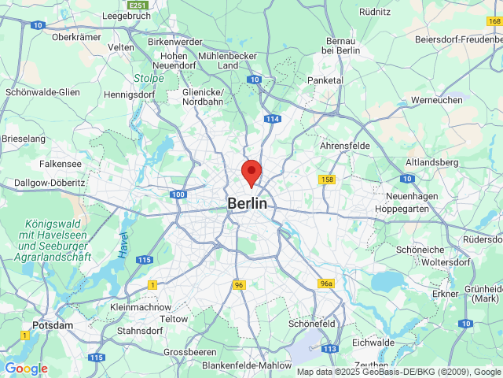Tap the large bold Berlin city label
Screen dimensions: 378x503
247,203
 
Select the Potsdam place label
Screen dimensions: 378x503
53,325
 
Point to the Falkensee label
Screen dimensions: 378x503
61,164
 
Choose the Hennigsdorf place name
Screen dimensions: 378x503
130,94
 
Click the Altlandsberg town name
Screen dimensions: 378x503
431,161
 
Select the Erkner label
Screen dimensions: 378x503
445,294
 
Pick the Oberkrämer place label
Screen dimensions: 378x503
79,36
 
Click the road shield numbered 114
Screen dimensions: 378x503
273,119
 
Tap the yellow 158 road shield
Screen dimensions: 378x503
327,180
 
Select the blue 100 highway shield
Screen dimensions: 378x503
177,194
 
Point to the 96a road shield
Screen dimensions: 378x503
327,283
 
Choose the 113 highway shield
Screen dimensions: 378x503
329,348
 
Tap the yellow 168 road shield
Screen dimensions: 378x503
494,20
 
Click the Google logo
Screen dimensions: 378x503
26,369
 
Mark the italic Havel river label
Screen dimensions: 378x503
124,244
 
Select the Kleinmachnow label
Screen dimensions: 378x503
140,306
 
